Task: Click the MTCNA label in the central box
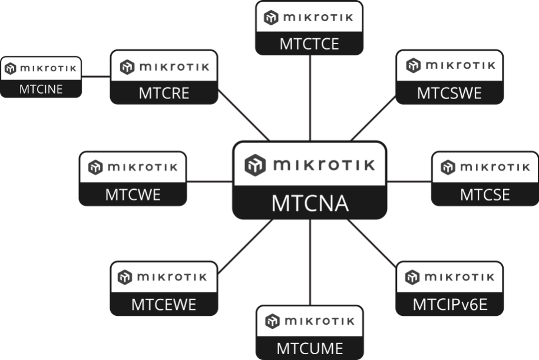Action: [x=310, y=203]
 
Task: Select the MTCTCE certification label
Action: [x=309, y=44]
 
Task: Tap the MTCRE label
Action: [x=164, y=93]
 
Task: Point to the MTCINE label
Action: [x=41, y=89]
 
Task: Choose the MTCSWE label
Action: [x=449, y=93]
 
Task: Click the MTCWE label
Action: [x=133, y=194]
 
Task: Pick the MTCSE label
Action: [x=485, y=194]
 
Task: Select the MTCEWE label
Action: [x=164, y=305]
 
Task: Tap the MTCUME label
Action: [x=310, y=349]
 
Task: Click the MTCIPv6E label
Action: [x=450, y=305]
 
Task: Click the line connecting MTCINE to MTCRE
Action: [x=96, y=77]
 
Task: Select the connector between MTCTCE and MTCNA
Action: [x=310, y=98]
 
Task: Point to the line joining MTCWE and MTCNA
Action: [x=210, y=181]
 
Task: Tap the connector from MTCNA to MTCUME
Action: [x=310, y=262]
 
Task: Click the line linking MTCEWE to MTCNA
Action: [x=246, y=246]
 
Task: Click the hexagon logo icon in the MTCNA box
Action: [x=255, y=165]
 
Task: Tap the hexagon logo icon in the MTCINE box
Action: [x=11, y=68]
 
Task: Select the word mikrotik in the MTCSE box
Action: [x=495, y=167]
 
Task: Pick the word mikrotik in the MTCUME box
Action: [x=320, y=321]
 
